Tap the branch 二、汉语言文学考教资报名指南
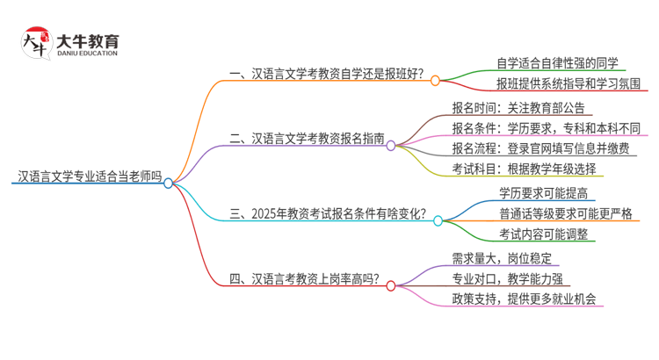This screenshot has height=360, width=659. tap(305, 138)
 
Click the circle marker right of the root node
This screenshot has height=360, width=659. tap(168, 183)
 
